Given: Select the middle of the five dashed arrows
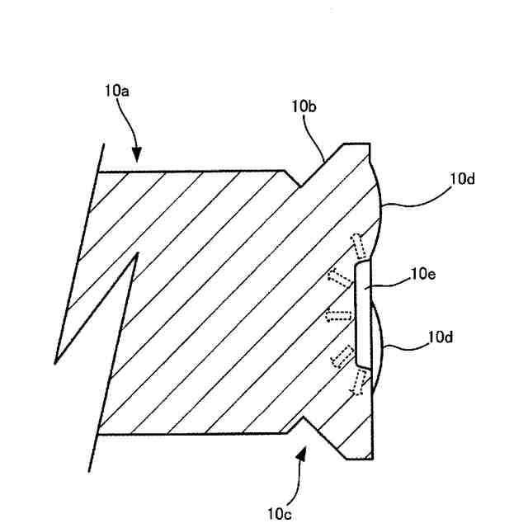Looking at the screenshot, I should pyautogui.click(x=336, y=314).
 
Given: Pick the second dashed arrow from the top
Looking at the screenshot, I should pyautogui.click(x=337, y=276).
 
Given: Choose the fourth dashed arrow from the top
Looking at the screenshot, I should pyautogui.click(x=340, y=355).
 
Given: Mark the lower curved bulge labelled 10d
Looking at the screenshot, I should pyautogui.click(x=376, y=346).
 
